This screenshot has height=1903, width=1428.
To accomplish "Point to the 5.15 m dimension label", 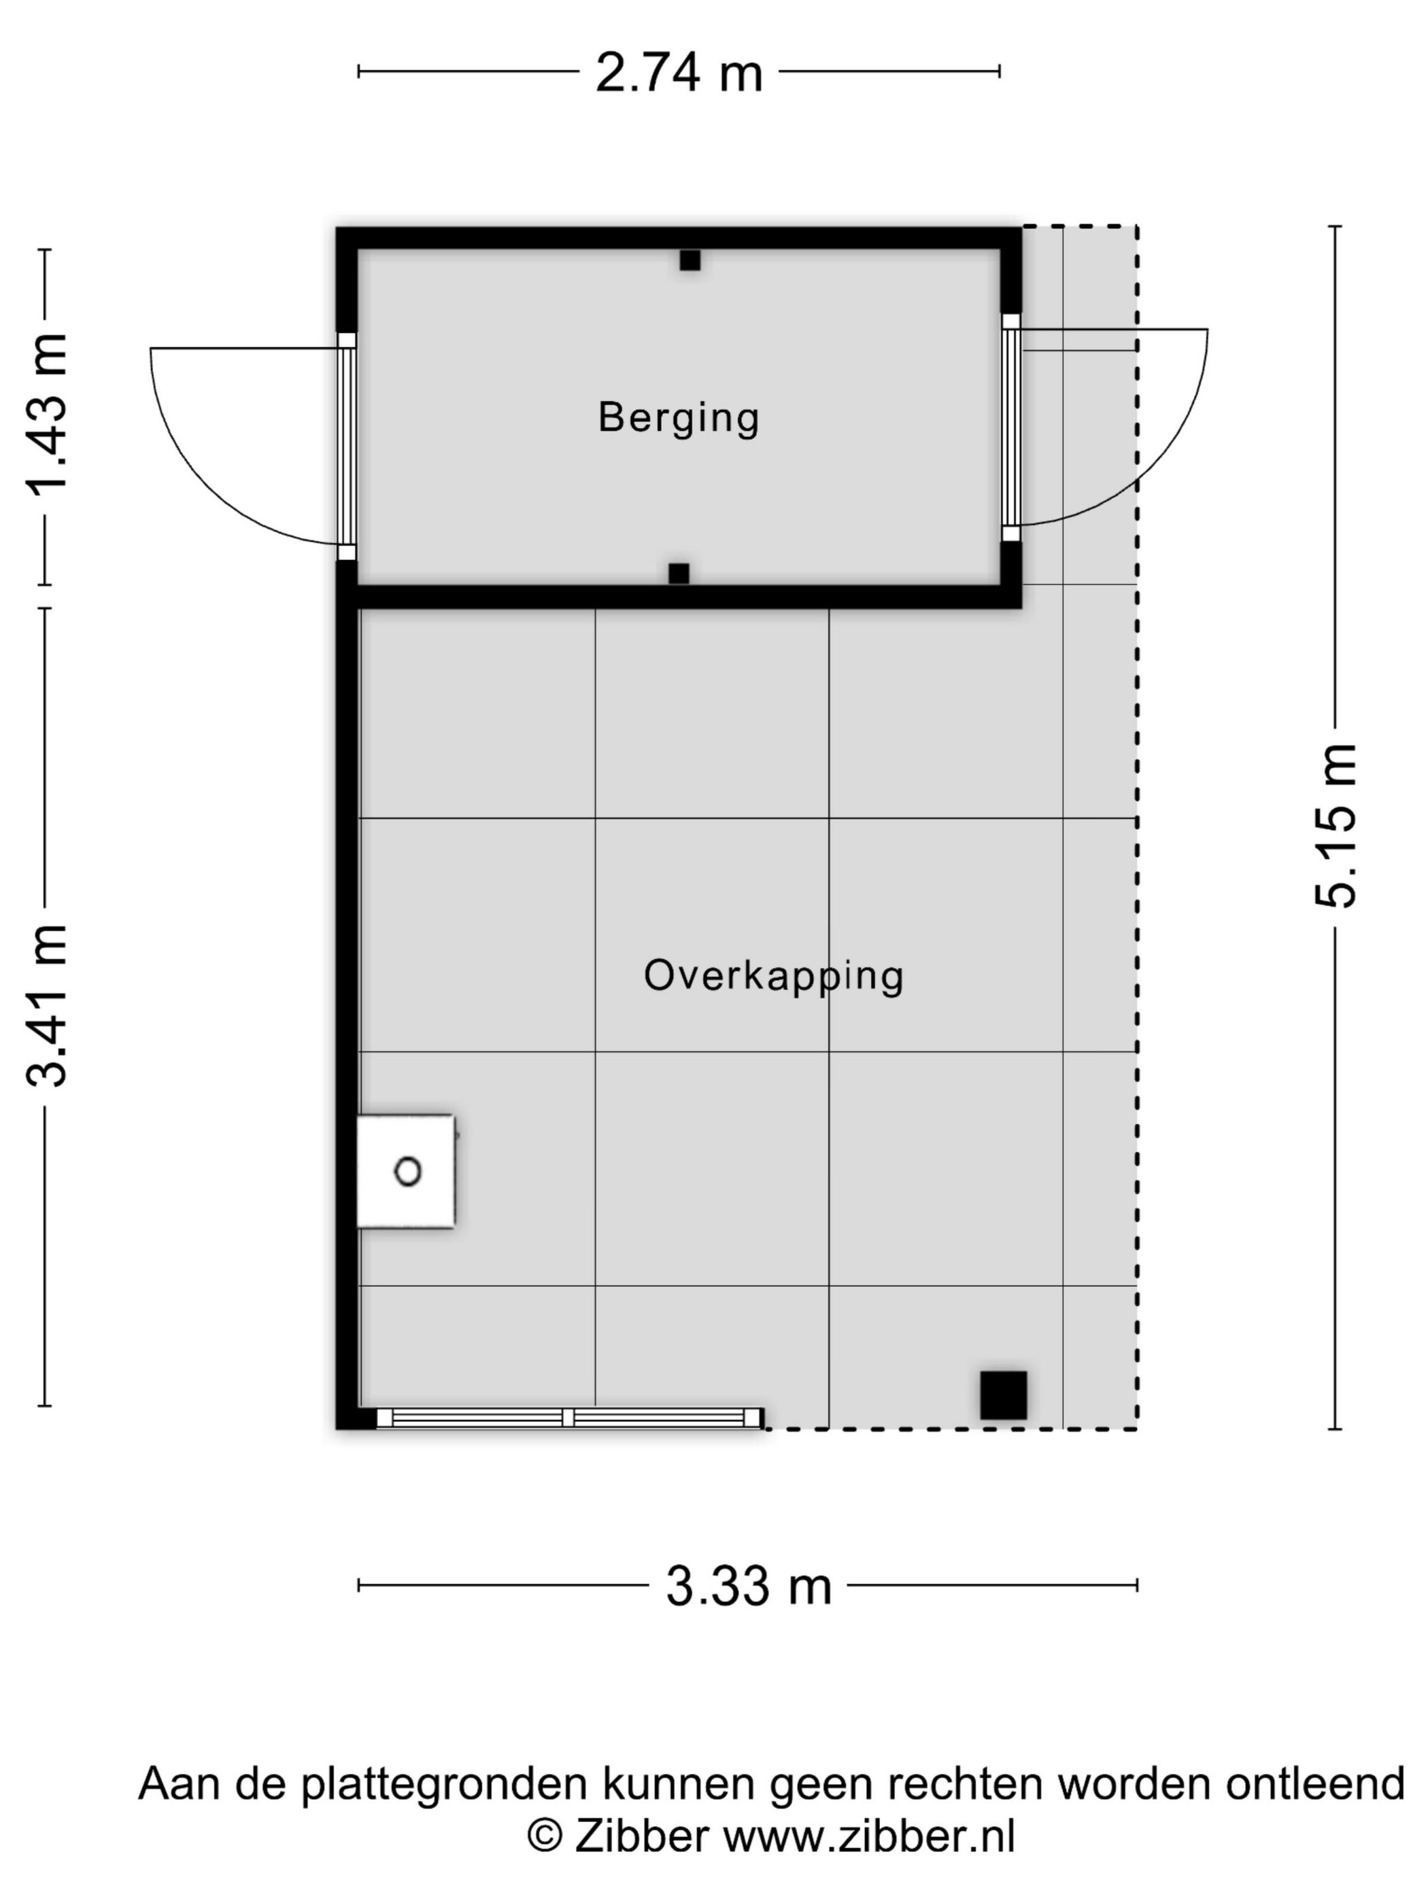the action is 1336,826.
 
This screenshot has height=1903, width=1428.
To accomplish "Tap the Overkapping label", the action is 774,975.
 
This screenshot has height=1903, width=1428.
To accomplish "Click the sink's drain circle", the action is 407,1171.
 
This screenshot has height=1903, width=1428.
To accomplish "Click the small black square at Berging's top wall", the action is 690,260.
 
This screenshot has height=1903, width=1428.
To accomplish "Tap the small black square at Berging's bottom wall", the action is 678,574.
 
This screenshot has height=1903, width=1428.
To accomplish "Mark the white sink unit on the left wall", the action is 406,1171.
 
